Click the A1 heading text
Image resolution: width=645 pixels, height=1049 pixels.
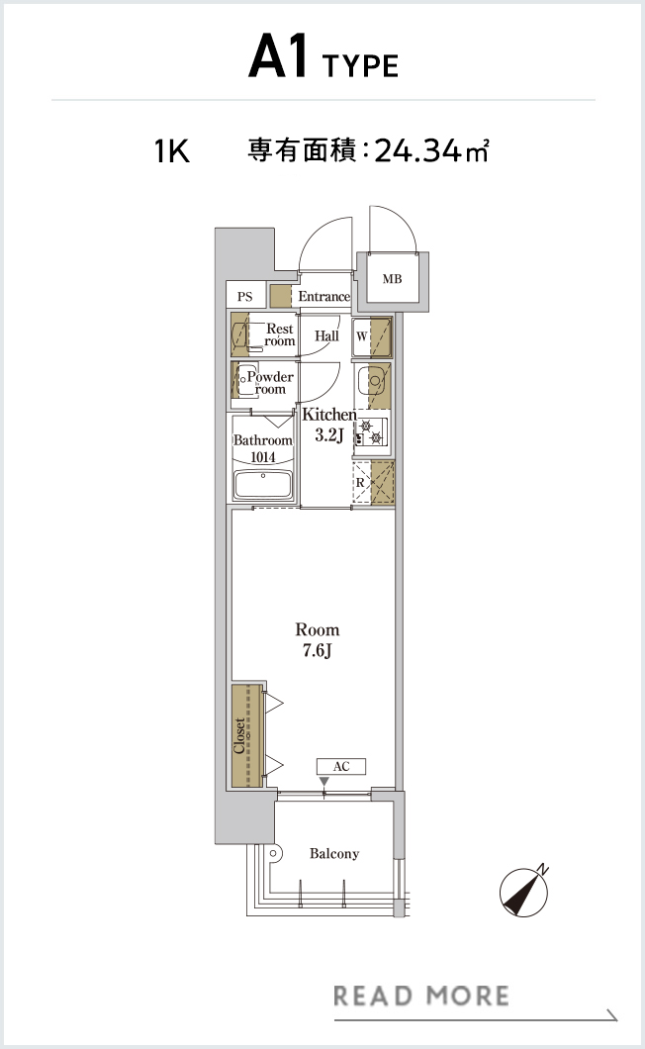pos(278,56)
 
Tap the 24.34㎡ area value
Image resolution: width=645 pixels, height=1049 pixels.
pos(431,151)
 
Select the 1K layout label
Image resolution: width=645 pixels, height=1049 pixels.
pos(172,151)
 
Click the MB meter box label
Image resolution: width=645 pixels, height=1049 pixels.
pos(392,278)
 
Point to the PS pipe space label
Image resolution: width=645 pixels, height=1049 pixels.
pos(245,296)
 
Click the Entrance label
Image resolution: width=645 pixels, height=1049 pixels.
pos(323,296)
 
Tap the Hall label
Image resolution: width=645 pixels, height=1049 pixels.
pos(326,335)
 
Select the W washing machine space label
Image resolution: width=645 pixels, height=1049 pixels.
pos(361,335)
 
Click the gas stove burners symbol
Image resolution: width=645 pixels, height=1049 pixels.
pos(371,432)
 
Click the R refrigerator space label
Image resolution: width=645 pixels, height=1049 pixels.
pos(360,482)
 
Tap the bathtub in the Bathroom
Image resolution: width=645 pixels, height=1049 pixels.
pos(263,484)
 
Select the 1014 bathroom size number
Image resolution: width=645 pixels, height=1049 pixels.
pos(263,457)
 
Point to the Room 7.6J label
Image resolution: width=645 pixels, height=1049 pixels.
pos(318,639)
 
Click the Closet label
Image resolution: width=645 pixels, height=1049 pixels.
pos(239,736)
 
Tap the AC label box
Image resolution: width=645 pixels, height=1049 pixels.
pos(341,766)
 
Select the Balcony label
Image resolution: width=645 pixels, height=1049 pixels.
pos(334,854)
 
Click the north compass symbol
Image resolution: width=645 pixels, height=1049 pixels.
pos(524,891)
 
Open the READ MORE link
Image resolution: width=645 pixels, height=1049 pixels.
pos(421,997)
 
